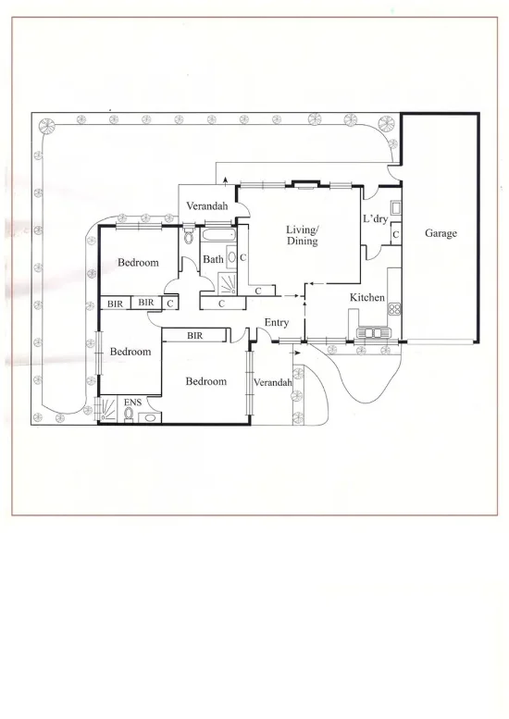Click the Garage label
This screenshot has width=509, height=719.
(x=441, y=233)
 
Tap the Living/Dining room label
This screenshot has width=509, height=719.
(x=303, y=235)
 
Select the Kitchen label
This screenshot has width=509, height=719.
(x=366, y=297)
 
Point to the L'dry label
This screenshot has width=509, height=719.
(x=375, y=218)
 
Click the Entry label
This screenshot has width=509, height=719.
(x=277, y=323)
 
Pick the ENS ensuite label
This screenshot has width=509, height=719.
(x=132, y=403)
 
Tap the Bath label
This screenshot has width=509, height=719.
(x=213, y=259)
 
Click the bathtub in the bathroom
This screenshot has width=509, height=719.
(x=218, y=236)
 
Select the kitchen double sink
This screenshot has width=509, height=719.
(x=372, y=332)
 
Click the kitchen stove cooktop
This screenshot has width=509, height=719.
(x=394, y=308)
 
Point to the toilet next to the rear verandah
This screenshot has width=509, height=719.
(x=189, y=235)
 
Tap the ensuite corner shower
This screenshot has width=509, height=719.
(x=108, y=409)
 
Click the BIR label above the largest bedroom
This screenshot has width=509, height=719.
(x=194, y=336)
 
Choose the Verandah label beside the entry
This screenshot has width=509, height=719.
(x=272, y=382)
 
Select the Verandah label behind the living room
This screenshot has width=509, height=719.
(x=206, y=205)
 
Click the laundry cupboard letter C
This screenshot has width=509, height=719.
(x=395, y=234)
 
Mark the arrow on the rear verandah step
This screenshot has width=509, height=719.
(x=225, y=180)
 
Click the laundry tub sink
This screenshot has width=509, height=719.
(x=395, y=207)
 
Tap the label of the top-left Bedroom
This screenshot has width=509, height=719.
(x=138, y=262)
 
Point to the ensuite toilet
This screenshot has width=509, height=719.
(x=129, y=415)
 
